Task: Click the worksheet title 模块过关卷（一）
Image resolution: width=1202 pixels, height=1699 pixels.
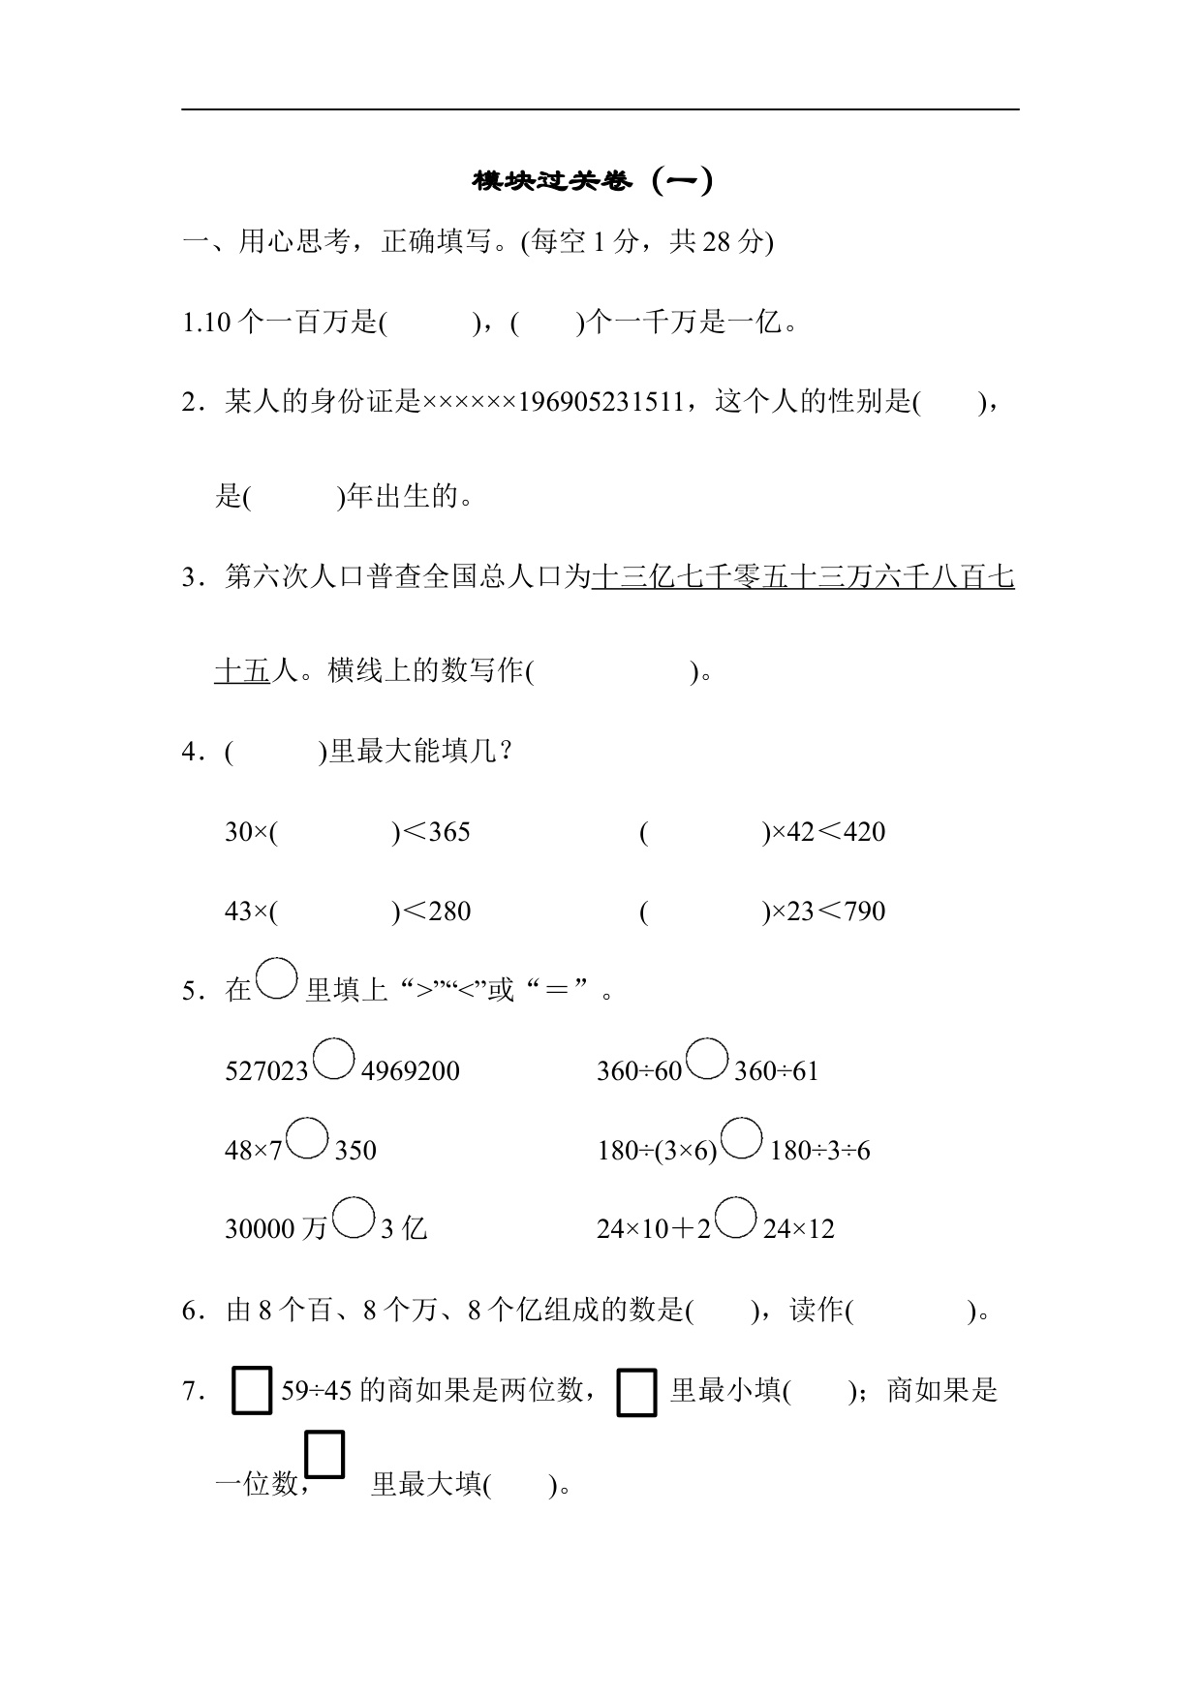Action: [x=593, y=181]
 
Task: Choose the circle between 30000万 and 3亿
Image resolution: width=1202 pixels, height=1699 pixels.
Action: [x=354, y=1218]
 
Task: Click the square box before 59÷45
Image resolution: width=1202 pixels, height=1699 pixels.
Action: [x=252, y=1391]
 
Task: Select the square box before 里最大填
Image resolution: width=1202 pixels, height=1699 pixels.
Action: [x=324, y=1454]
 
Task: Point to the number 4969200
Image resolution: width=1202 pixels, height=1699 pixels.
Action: [x=410, y=1071]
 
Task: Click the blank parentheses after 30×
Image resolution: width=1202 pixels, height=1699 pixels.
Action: [x=334, y=832]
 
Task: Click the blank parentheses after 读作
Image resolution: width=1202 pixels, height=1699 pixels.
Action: [x=910, y=1312]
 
